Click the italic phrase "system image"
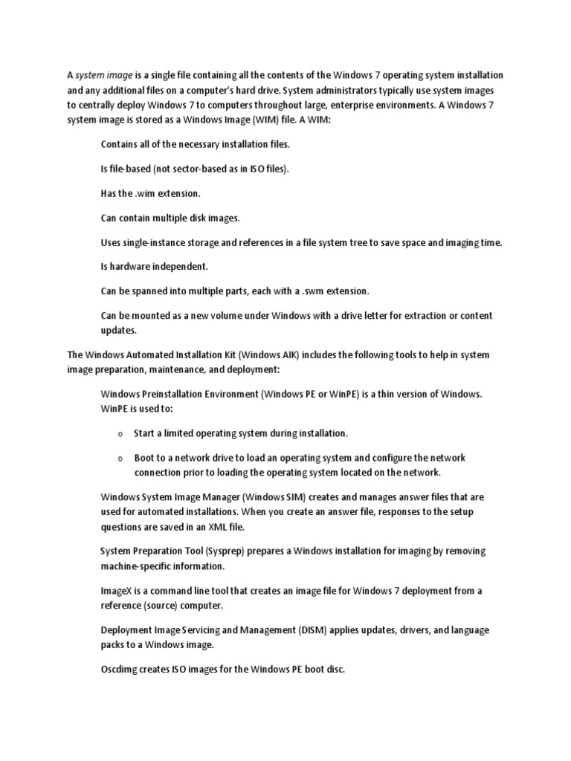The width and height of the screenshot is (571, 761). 104,75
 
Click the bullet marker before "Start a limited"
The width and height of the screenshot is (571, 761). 120,433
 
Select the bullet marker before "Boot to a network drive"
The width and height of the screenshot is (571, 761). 120,459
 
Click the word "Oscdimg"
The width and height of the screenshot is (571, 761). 120,669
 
